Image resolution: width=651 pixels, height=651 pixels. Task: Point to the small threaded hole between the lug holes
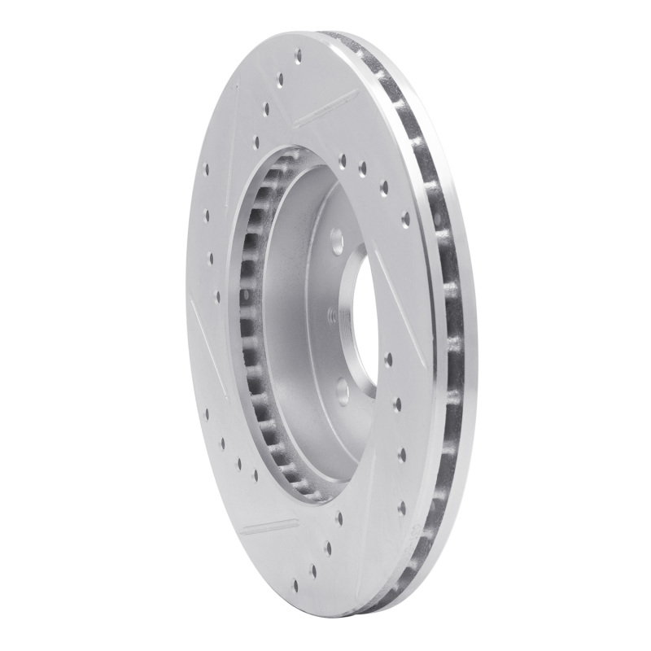coord(330,313)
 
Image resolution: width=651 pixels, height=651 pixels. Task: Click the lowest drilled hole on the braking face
coord(294,583)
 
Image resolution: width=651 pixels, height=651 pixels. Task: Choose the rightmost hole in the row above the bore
coord(405,217)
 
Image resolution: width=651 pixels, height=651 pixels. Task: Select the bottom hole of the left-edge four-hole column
coord(217,297)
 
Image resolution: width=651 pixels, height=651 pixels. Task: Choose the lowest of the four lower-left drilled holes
coord(255,474)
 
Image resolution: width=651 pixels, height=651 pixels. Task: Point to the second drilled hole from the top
coord(281,81)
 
